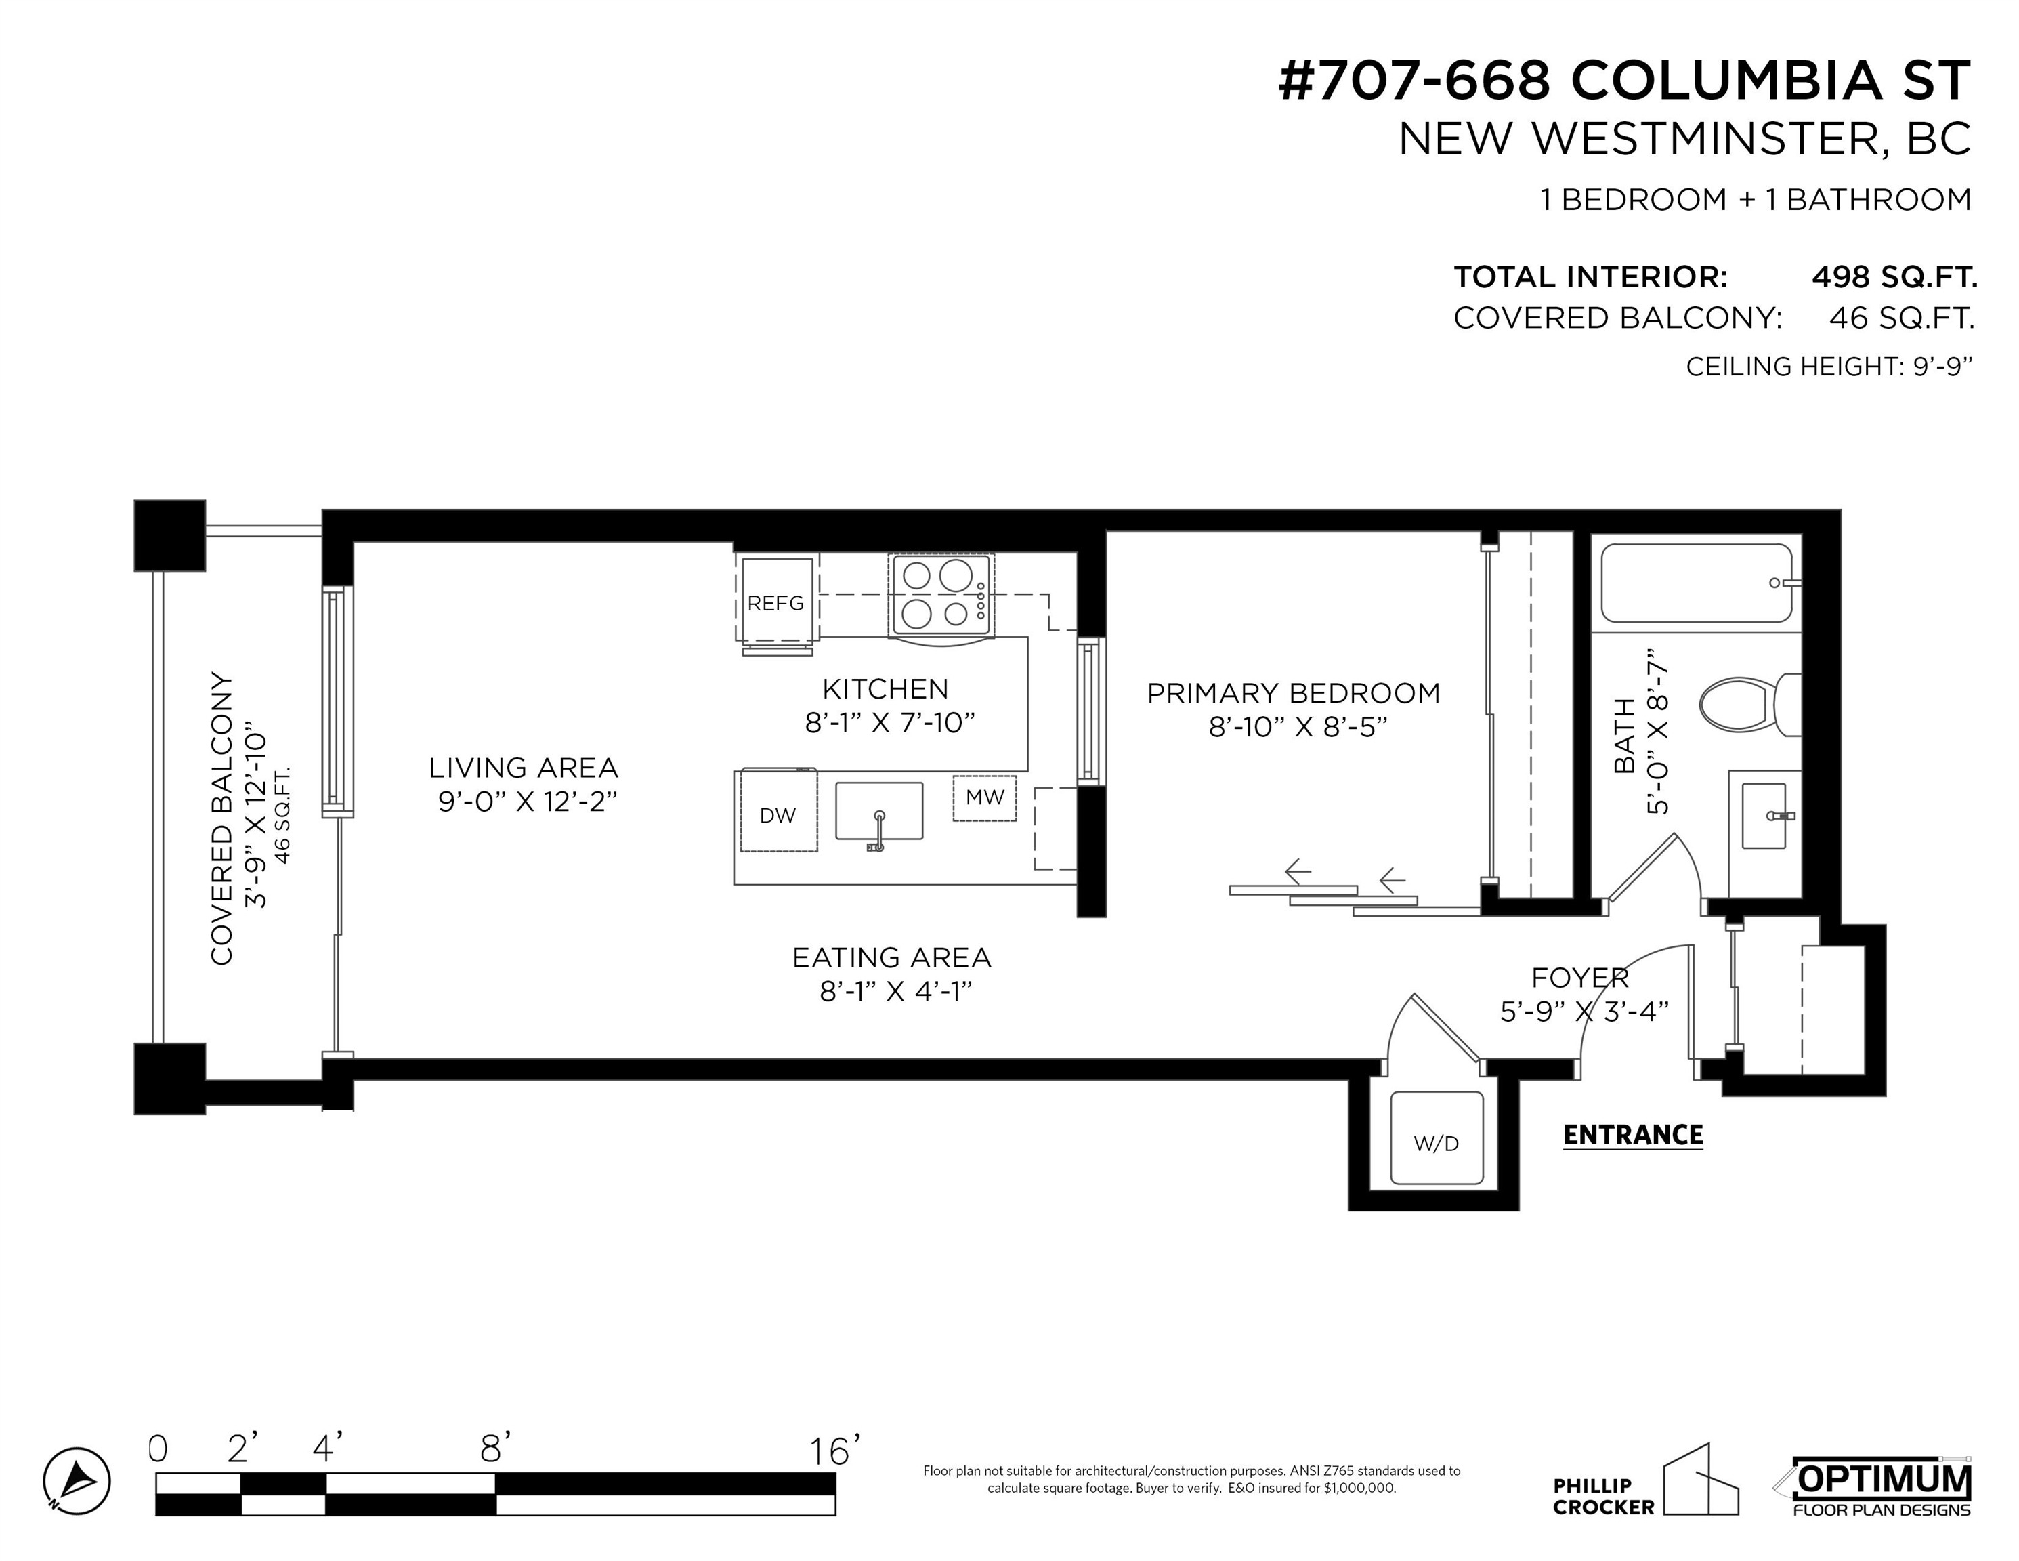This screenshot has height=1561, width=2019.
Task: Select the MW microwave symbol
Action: click(985, 797)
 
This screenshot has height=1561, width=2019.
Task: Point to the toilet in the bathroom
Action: click(1750, 705)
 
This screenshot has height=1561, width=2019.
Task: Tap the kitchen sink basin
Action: click(879, 811)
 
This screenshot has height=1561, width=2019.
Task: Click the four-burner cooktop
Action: click(941, 595)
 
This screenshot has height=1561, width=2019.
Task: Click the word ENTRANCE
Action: click(1632, 1135)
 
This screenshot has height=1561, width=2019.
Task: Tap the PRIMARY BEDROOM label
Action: click(1294, 692)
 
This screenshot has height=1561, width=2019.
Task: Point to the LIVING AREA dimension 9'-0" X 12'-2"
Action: click(528, 801)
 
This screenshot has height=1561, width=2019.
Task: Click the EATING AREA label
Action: click(891, 957)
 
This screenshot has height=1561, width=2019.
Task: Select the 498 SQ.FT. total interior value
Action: click(1894, 276)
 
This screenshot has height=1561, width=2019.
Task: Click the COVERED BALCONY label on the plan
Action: click(222, 818)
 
